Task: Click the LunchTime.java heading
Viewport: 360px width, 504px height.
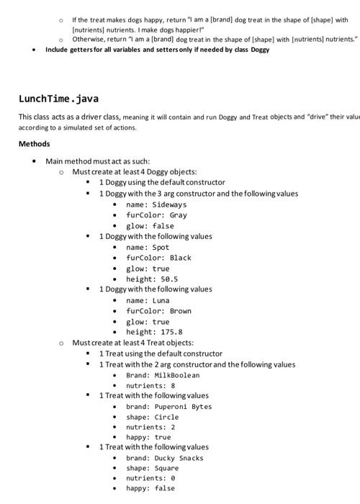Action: [58, 98]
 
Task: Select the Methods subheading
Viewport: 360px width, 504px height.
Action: [34, 144]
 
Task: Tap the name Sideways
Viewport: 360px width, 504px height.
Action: [170, 204]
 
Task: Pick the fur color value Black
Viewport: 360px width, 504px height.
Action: [181, 258]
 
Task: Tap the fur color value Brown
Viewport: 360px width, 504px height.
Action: [181, 311]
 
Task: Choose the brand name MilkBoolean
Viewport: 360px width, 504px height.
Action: [177, 375]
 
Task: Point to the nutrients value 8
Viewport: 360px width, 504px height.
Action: [173, 386]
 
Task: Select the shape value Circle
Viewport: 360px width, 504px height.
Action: [166, 418]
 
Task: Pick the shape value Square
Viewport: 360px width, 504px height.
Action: [166, 469]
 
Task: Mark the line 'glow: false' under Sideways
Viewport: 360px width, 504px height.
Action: [150, 226]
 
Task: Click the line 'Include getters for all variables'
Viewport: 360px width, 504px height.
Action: [157, 50]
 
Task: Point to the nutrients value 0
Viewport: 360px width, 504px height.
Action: [173, 479]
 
